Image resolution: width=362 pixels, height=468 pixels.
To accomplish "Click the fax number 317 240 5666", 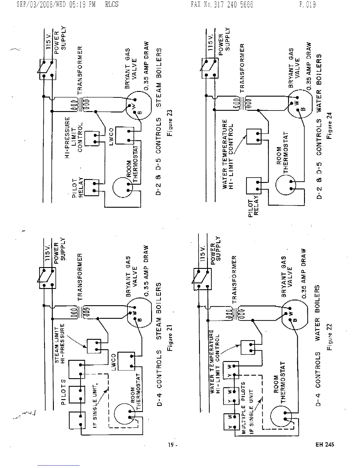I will pyautogui.click(x=222, y=4).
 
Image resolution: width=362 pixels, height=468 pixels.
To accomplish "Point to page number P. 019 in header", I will pyautogui.click(x=307, y=4).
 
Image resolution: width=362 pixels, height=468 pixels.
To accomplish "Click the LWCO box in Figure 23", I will pyautogui.click(x=125, y=135).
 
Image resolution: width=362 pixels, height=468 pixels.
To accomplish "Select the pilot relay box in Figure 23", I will pyautogui.click(x=92, y=187).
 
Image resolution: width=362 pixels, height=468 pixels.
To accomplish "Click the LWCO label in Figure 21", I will pyautogui.click(x=114, y=362).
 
